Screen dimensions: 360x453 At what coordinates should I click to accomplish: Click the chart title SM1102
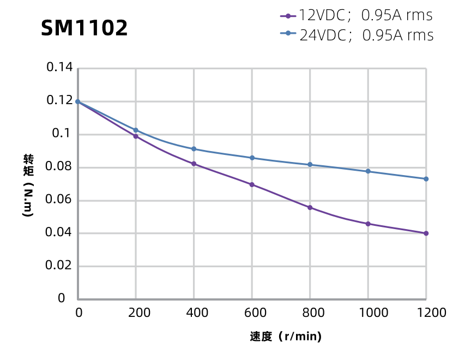tap(84, 28)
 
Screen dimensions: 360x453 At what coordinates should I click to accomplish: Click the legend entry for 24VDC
tap(357, 35)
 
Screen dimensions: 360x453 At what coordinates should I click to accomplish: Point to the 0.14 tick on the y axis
tap(59, 68)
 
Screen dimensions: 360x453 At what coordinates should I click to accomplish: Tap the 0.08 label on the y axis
tap(59, 167)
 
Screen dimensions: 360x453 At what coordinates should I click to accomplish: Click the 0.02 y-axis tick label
tap(59, 266)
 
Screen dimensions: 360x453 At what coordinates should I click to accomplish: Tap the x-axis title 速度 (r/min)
tap(286, 337)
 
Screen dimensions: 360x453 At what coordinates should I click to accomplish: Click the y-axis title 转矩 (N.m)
tap(28, 186)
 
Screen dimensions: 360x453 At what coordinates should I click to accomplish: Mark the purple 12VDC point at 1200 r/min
tap(426, 233)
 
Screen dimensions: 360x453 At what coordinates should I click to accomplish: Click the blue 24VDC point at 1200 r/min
tap(426, 179)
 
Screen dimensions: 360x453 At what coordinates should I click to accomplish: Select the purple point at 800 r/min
tap(310, 208)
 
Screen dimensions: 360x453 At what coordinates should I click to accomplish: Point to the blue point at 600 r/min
tap(252, 158)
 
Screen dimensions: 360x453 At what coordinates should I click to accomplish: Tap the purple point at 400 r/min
tap(194, 164)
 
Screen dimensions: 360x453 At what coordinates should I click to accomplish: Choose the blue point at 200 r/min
tap(136, 130)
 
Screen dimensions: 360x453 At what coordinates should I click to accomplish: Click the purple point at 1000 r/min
tap(368, 224)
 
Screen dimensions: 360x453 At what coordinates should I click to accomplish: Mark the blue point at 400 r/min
tap(194, 149)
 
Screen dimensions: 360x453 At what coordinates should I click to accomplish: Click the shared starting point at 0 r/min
tap(78, 101)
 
